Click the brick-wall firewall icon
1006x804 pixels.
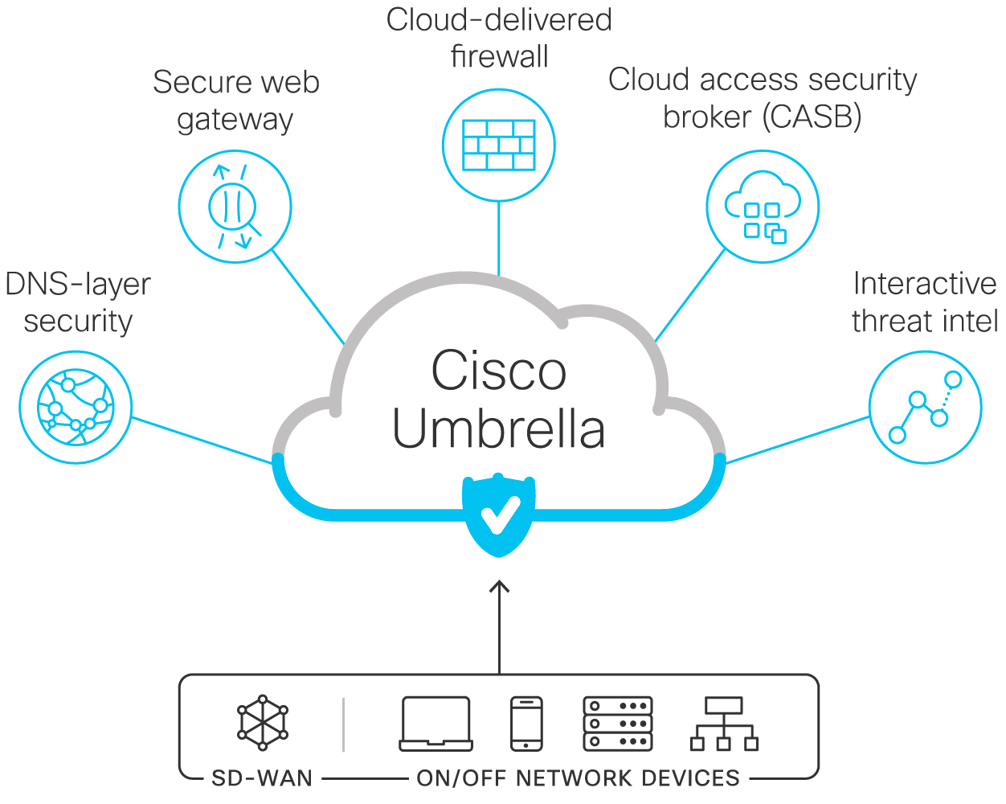coord(499,145)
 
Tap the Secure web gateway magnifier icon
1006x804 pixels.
coord(234,206)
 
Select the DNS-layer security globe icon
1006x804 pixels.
coord(76,408)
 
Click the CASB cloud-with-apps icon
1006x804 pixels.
coord(763,207)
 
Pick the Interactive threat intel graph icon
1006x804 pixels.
coord(925,407)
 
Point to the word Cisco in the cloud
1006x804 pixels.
coord(498,371)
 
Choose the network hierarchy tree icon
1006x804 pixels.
coord(724,724)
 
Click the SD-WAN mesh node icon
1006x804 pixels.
coord(262,723)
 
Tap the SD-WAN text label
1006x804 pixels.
coord(262,778)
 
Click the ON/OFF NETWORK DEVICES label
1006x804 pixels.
coord(578,778)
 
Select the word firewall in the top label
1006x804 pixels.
coord(499,56)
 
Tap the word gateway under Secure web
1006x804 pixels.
coord(235,119)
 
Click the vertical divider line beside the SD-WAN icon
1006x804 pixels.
coord(343,724)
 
